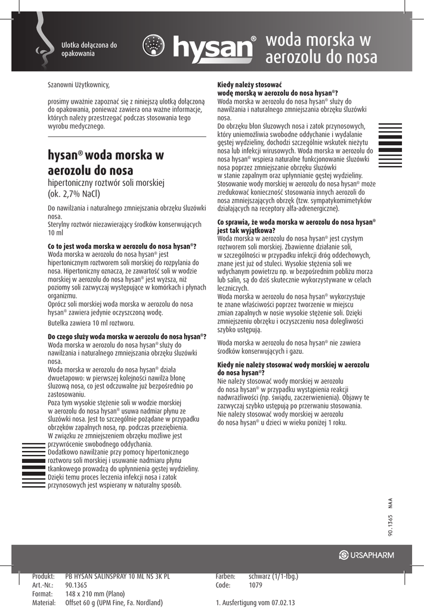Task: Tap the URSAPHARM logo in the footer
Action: pos(367,556)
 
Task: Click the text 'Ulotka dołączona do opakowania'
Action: pos(89,49)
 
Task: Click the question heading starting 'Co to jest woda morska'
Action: pos(122,246)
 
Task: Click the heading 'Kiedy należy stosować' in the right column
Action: pos(250,85)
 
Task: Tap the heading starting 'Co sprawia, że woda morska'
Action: pos(296,222)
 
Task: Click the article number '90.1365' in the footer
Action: pos(76,585)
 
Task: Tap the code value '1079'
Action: pos(256,585)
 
